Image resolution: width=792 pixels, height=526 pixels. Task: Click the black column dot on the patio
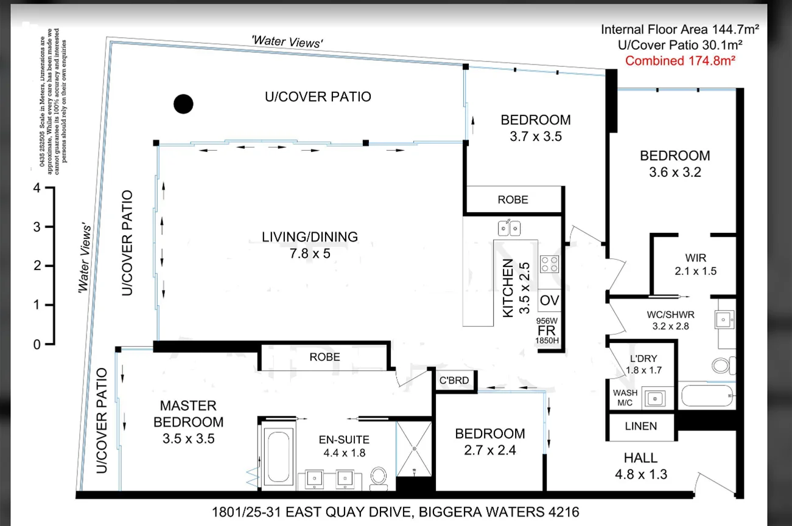(x=183, y=104)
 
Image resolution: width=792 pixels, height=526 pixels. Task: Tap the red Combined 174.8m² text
(x=680, y=61)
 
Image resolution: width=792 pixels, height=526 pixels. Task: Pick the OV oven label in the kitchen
(x=549, y=300)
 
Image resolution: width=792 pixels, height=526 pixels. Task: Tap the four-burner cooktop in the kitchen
(x=549, y=263)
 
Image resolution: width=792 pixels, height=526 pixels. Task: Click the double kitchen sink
(x=509, y=228)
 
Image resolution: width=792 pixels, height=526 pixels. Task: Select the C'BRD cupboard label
(x=454, y=381)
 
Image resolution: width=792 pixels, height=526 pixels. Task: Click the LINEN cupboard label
(x=640, y=426)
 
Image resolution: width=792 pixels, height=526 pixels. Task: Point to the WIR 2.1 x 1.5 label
(x=695, y=265)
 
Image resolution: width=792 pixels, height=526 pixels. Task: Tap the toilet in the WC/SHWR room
(x=722, y=365)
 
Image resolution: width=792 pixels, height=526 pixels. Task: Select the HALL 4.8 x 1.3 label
(x=640, y=466)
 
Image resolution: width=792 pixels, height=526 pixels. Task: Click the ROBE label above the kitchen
(x=513, y=199)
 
